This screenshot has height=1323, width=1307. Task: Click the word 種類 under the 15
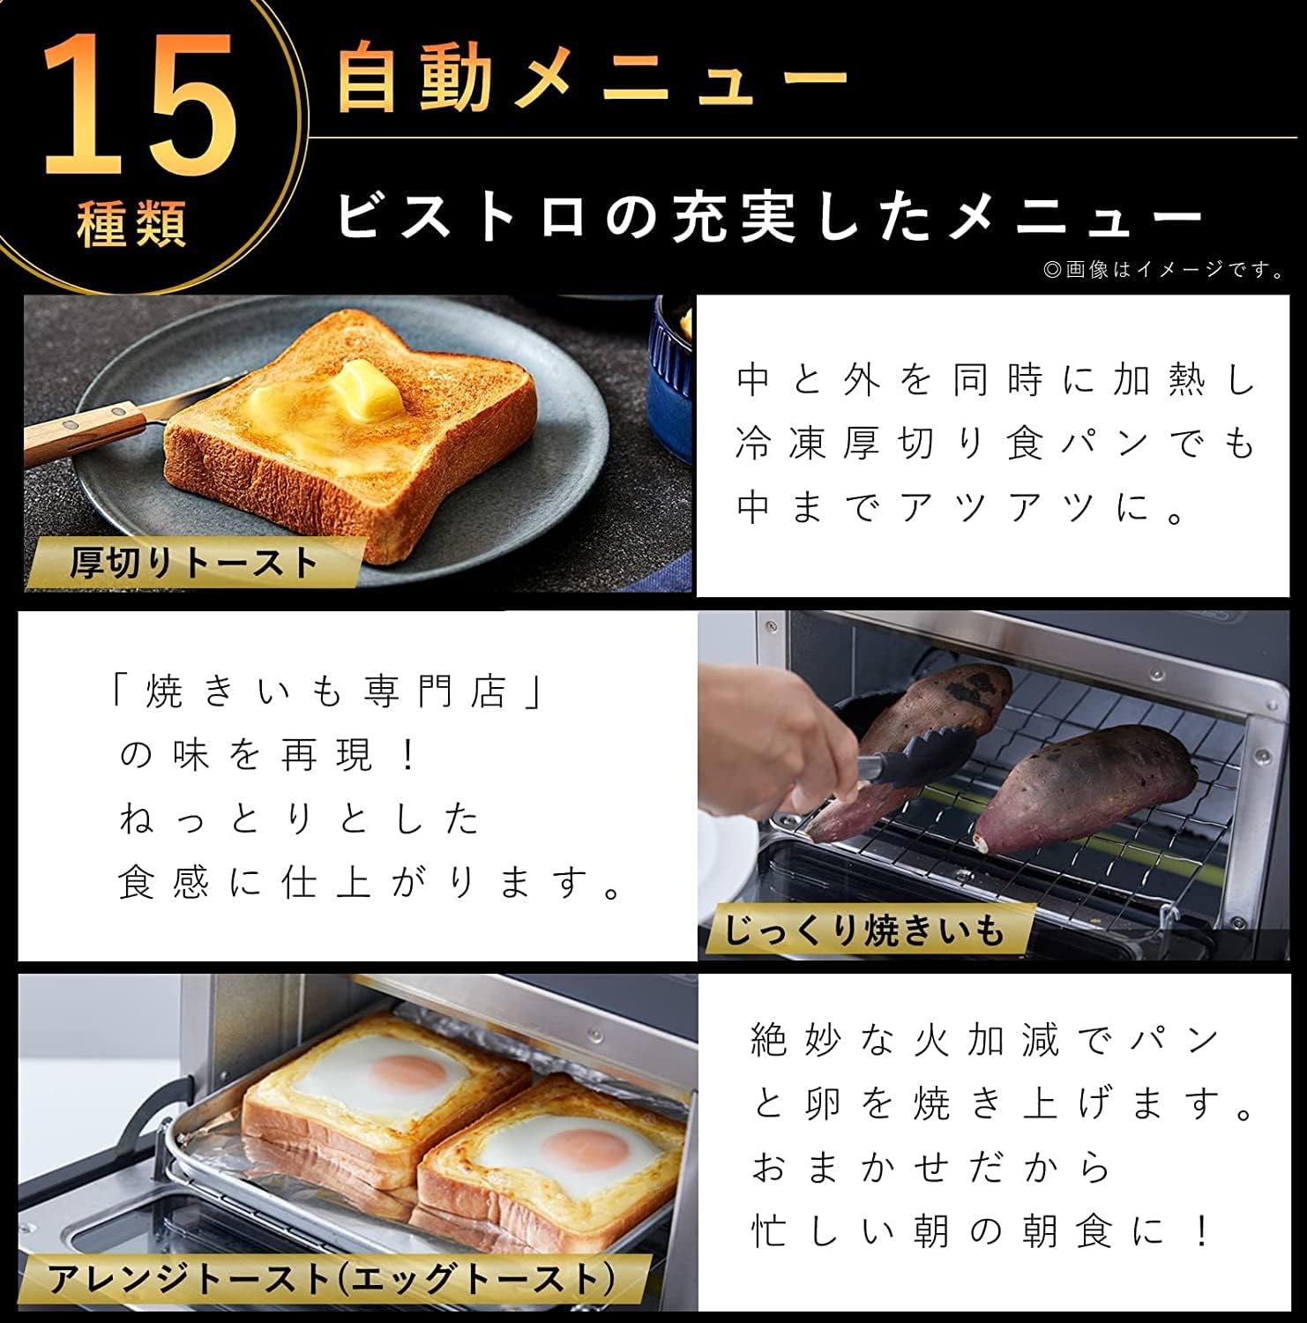pos(132,223)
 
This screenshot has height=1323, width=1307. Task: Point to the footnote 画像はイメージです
pos(1164,270)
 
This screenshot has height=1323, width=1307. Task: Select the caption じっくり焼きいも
pos(864,930)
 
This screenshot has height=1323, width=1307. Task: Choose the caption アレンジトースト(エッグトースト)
pos(332,1278)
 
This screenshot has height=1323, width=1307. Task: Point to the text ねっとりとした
pos(300,818)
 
